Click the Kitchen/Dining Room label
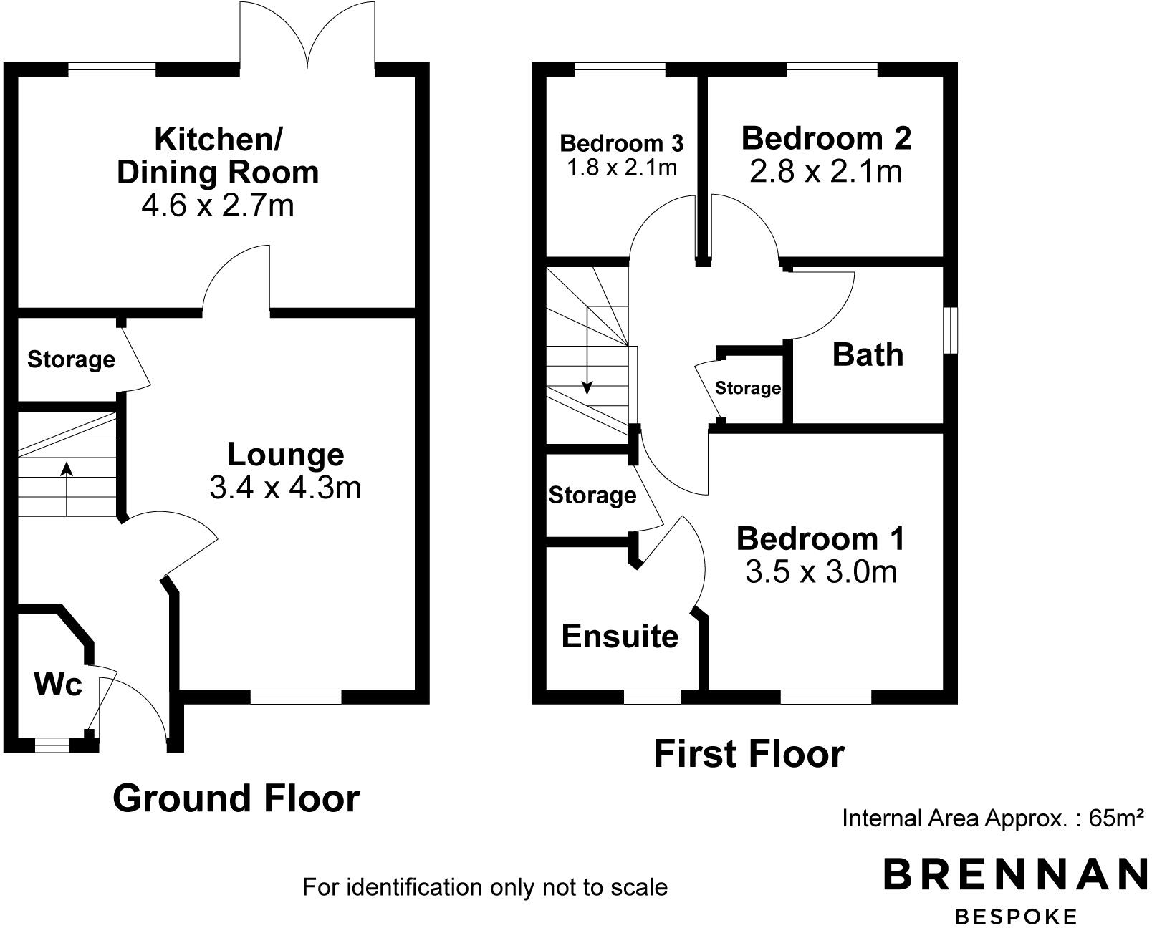pos(218,155)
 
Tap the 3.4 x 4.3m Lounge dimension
pos(285,488)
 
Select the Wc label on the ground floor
pos(58,685)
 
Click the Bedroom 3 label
pos(621,143)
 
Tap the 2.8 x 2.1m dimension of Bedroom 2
pos(825,172)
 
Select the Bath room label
pos(868,355)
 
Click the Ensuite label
pos(620,636)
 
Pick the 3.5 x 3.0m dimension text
pos(821,572)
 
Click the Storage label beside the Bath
pos(747,388)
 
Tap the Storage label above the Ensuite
pos(592,495)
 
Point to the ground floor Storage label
pos(71,359)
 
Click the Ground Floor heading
pos(236,798)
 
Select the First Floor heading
pos(749,754)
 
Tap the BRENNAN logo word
pos(1015,874)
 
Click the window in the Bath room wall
pos(951,330)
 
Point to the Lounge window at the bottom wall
pos(296,697)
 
